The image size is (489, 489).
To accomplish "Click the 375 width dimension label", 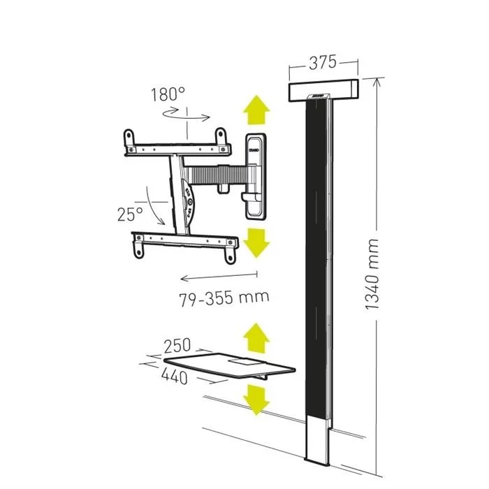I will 322,63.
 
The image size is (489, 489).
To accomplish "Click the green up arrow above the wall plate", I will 256,110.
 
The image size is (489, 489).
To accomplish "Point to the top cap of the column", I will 323,89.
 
